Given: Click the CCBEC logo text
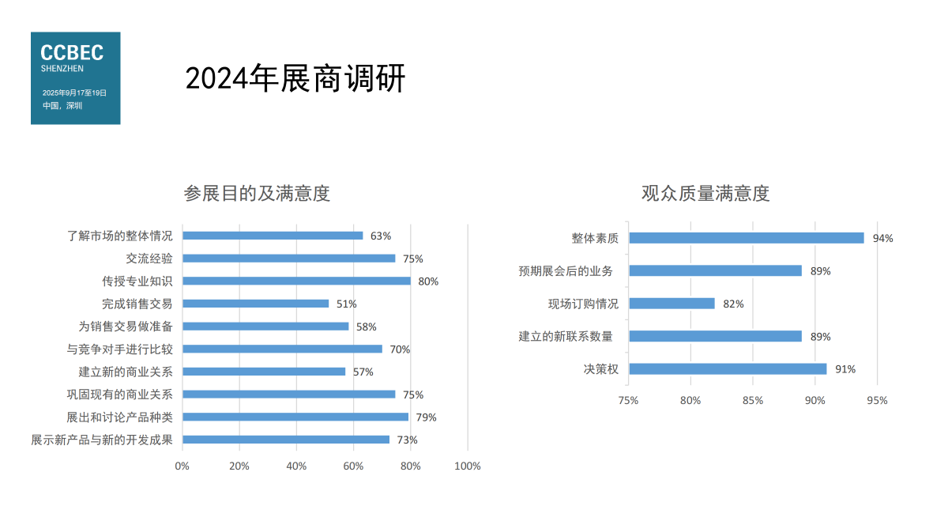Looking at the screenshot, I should (x=72, y=53).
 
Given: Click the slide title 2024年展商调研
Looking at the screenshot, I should (x=295, y=78).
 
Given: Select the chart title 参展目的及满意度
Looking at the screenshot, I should (x=257, y=194).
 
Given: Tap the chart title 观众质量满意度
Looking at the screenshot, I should (x=705, y=194).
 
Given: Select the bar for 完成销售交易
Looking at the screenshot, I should (x=256, y=304).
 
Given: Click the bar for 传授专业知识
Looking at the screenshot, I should (x=296, y=281).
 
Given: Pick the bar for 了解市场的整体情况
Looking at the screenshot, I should (x=273, y=236).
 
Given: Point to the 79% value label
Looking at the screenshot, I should (x=427, y=417).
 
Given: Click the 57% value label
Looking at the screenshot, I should (x=363, y=372).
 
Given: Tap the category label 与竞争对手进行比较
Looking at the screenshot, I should (x=119, y=349).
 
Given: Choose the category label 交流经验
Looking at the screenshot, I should (x=149, y=259).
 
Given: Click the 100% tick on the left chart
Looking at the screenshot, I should (x=468, y=466).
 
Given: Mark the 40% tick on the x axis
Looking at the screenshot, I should (x=296, y=466).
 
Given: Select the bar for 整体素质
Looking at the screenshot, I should (x=746, y=238).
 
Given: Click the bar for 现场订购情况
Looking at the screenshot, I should (x=671, y=304).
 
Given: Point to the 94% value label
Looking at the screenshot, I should (x=882, y=239).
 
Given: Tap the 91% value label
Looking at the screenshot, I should (x=845, y=369).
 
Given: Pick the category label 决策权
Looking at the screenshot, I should (x=600, y=369).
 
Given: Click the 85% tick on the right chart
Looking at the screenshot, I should (x=753, y=401).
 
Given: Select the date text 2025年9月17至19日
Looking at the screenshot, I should (x=74, y=93).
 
